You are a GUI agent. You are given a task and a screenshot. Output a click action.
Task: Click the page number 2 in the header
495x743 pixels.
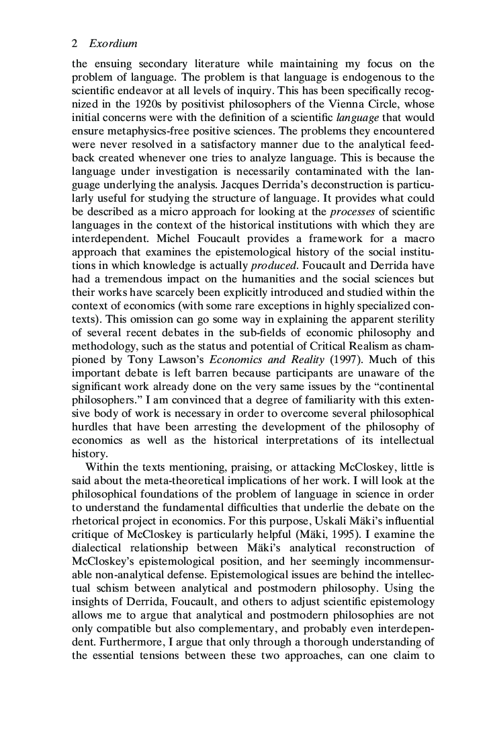74,44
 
